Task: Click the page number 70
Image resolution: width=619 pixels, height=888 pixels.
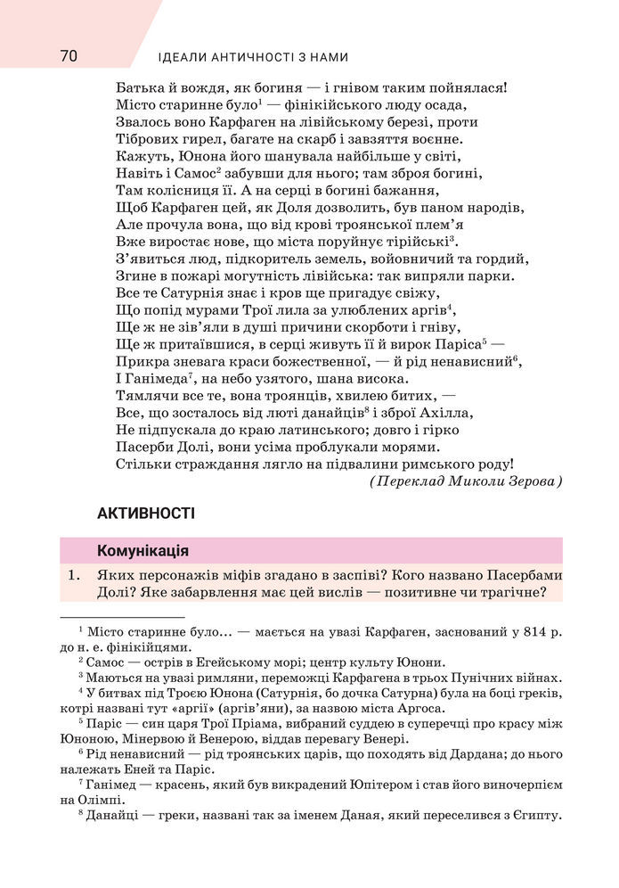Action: pyautogui.click(x=69, y=56)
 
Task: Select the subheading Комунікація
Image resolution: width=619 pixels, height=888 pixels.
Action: pyautogui.click(x=142, y=550)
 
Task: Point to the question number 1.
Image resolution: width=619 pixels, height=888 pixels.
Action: pyautogui.click(x=74, y=576)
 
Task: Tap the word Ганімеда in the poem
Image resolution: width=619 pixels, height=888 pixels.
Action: pyautogui.click(x=151, y=378)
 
